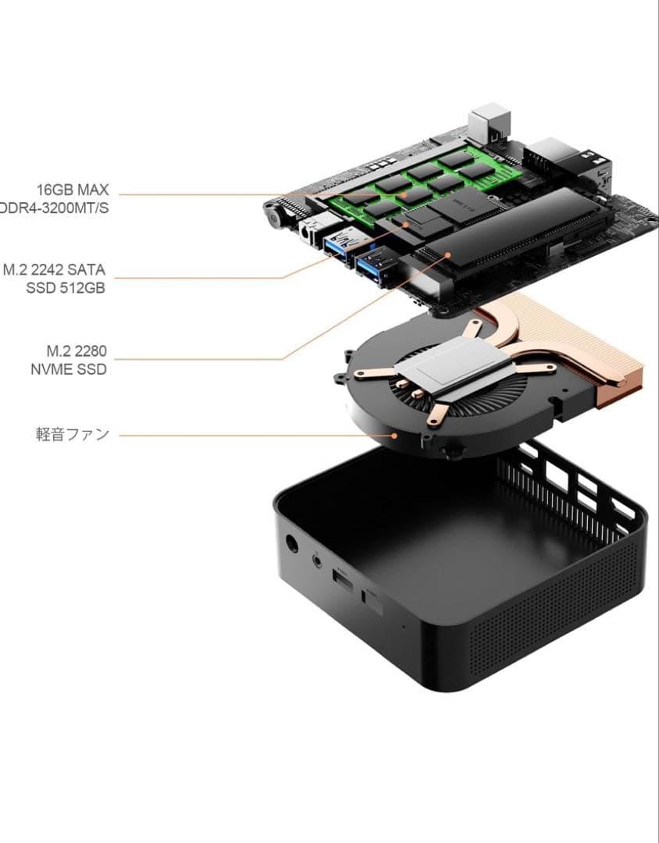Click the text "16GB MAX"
point(72,190)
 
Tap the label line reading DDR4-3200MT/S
point(55,208)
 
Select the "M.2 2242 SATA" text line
point(54,270)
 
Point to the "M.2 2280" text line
point(76,351)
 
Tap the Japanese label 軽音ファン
point(72,434)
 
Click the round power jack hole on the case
point(294,545)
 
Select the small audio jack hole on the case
point(318,560)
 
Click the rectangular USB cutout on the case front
point(342,578)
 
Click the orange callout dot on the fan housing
point(396,435)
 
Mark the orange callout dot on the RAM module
point(404,194)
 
